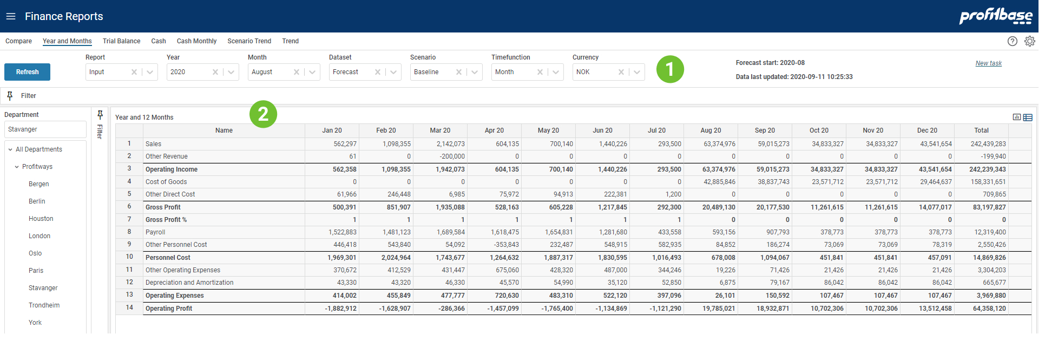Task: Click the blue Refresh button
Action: [x=27, y=72]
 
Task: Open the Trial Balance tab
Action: [x=121, y=41]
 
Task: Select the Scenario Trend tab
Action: [x=249, y=41]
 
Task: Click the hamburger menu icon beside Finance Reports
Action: [x=11, y=16]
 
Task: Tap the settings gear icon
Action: [x=1029, y=41]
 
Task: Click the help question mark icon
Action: [x=1012, y=41]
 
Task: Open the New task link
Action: [x=988, y=63]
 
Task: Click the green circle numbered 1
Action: [x=670, y=69]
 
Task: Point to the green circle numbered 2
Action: [x=263, y=114]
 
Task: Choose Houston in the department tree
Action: [x=41, y=219]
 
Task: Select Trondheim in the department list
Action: [x=44, y=305]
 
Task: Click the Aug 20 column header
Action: [x=711, y=130]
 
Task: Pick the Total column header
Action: [x=981, y=130]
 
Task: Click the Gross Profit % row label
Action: [x=166, y=220]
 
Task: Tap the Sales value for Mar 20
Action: [x=450, y=144]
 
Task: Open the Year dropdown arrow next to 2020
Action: [x=231, y=72]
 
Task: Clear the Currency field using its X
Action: [x=621, y=72]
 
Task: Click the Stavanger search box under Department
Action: [x=45, y=129]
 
